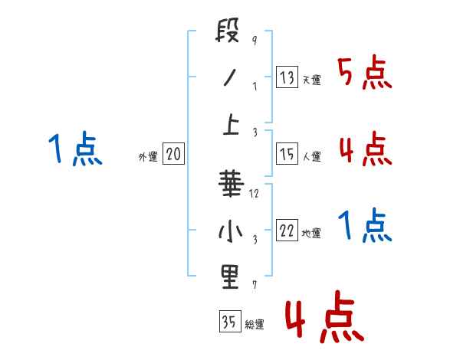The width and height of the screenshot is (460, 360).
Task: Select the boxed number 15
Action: tap(287, 154)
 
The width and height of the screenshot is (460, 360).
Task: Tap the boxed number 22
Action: tap(287, 231)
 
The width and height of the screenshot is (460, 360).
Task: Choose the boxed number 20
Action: tap(173, 154)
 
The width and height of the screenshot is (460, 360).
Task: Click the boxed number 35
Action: tap(229, 322)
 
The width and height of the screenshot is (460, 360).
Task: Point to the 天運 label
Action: tap(311, 80)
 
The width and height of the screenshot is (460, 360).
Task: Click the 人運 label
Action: tap(311, 157)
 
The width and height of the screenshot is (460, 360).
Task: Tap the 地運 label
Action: tap(311, 234)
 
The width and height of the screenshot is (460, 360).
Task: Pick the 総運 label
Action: tap(255, 325)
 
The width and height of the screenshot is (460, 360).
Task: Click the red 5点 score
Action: tap(365, 74)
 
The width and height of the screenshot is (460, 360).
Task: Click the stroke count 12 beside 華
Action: tap(255, 194)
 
